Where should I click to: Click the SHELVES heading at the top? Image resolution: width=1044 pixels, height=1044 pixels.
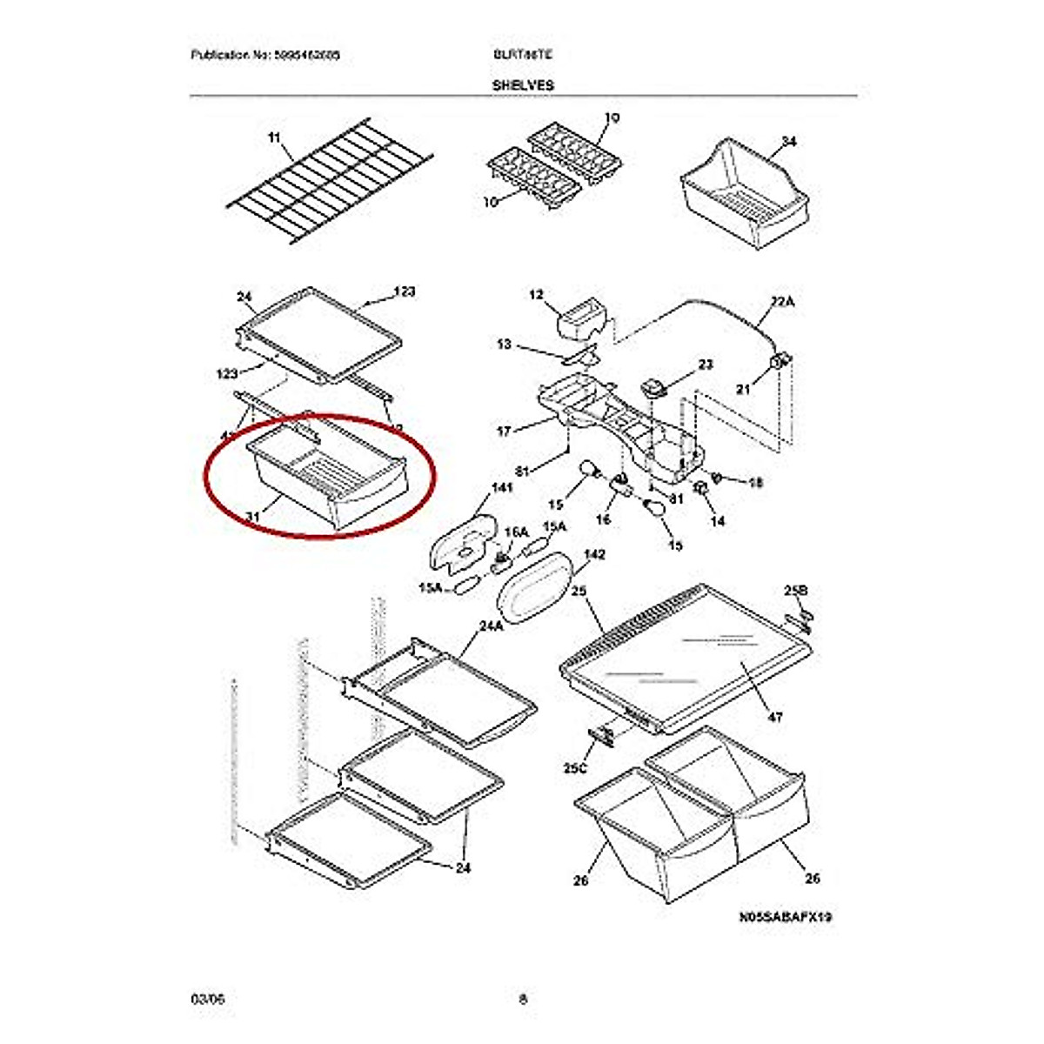coord(522,85)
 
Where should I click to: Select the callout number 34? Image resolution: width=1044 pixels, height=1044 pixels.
coord(789,142)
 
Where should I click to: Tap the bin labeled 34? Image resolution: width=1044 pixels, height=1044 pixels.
coord(744,191)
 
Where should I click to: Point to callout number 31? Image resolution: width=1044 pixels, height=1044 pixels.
coord(252,518)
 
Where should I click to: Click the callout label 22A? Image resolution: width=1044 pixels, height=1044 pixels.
coord(782,303)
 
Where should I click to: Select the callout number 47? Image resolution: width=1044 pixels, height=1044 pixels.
coord(775,718)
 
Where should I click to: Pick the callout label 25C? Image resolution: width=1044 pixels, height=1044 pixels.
coord(575,769)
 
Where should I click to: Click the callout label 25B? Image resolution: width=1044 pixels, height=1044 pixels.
coord(795,591)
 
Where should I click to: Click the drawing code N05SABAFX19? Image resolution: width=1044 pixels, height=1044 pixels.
coord(786,917)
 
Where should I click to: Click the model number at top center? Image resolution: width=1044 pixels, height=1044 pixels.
coord(522,55)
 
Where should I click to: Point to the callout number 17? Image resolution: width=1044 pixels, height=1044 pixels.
coord(504,431)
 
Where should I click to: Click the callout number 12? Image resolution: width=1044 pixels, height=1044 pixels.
coord(536,296)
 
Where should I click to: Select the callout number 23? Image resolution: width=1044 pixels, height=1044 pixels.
coord(705,365)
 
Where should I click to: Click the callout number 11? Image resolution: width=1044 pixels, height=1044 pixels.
coord(275,138)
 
